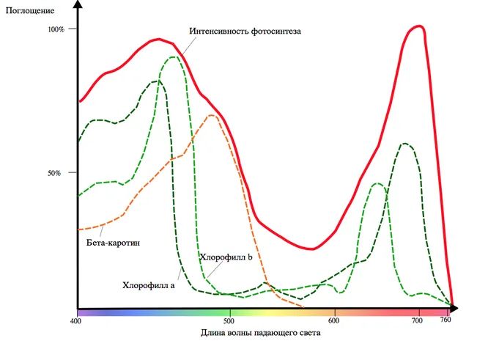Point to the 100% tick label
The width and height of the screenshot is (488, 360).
[56, 29]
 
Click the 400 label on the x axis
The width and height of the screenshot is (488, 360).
[75, 320]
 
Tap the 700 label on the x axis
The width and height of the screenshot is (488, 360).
[417, 320]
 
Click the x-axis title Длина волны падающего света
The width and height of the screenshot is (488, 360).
[260, 332]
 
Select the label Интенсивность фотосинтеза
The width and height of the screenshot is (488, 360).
[245, 32]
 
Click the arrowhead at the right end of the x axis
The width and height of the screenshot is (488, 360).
[467, 309]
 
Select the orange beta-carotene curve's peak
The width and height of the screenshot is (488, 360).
[212, 115]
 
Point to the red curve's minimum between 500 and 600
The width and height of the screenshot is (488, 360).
[312, 249]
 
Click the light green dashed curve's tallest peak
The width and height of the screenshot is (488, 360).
[174, 57]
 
